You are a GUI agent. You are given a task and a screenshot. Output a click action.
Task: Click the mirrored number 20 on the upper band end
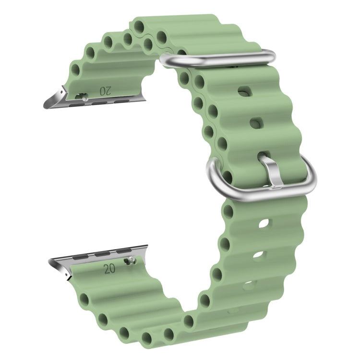coord(105,91)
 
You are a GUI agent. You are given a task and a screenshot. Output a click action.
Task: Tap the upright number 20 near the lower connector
coord(109,269)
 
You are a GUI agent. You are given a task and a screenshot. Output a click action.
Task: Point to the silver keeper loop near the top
coord(218,59)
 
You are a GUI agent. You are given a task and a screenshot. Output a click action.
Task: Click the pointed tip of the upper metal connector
coord(44,107)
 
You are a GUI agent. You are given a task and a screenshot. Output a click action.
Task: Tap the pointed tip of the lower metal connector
coord(50,260)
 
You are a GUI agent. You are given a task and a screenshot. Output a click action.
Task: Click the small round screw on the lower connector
coord(131,259)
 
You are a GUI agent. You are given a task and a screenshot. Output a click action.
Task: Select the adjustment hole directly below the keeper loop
coord(245,91)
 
